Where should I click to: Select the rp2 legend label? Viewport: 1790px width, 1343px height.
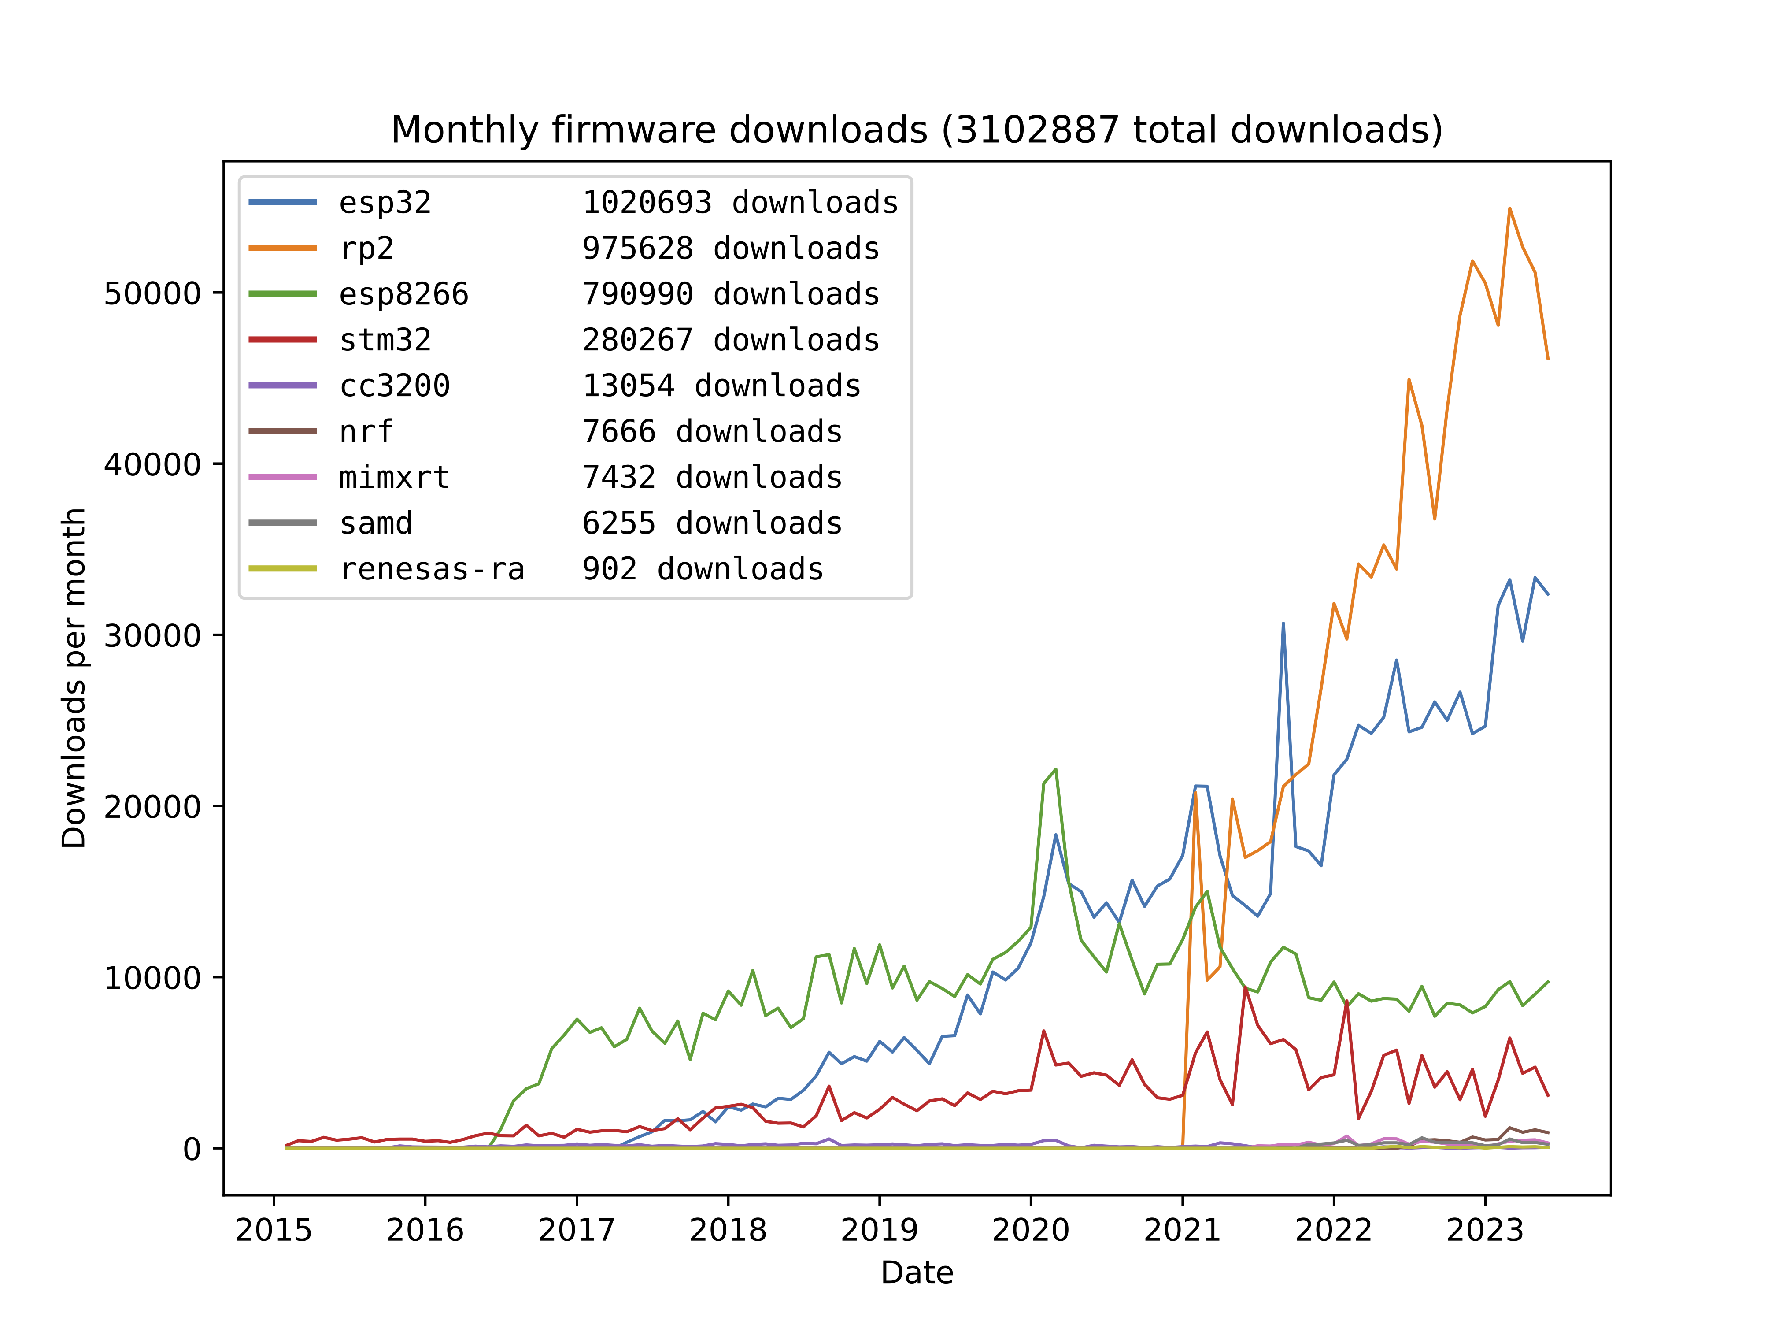tap(366, 249)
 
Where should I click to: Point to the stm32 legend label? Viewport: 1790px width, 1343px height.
tap(385, 340)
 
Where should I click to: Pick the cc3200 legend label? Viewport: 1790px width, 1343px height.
tap(394, 386)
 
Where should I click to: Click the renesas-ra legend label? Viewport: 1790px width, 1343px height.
tap(431, 569)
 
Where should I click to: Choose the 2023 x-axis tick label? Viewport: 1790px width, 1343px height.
tap(1485, 1231)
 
